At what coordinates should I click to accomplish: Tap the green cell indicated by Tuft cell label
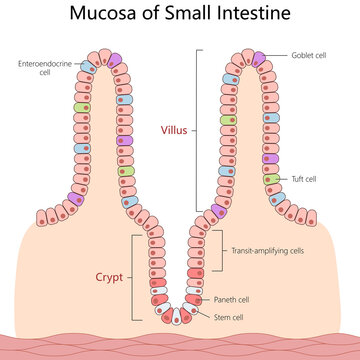pyautogui.click(x=270, y=180)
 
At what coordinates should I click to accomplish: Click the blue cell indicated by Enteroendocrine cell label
pyautogui.click(x=89, y=66)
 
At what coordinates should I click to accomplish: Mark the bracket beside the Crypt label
pyautogui.click(x=134, y=278)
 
